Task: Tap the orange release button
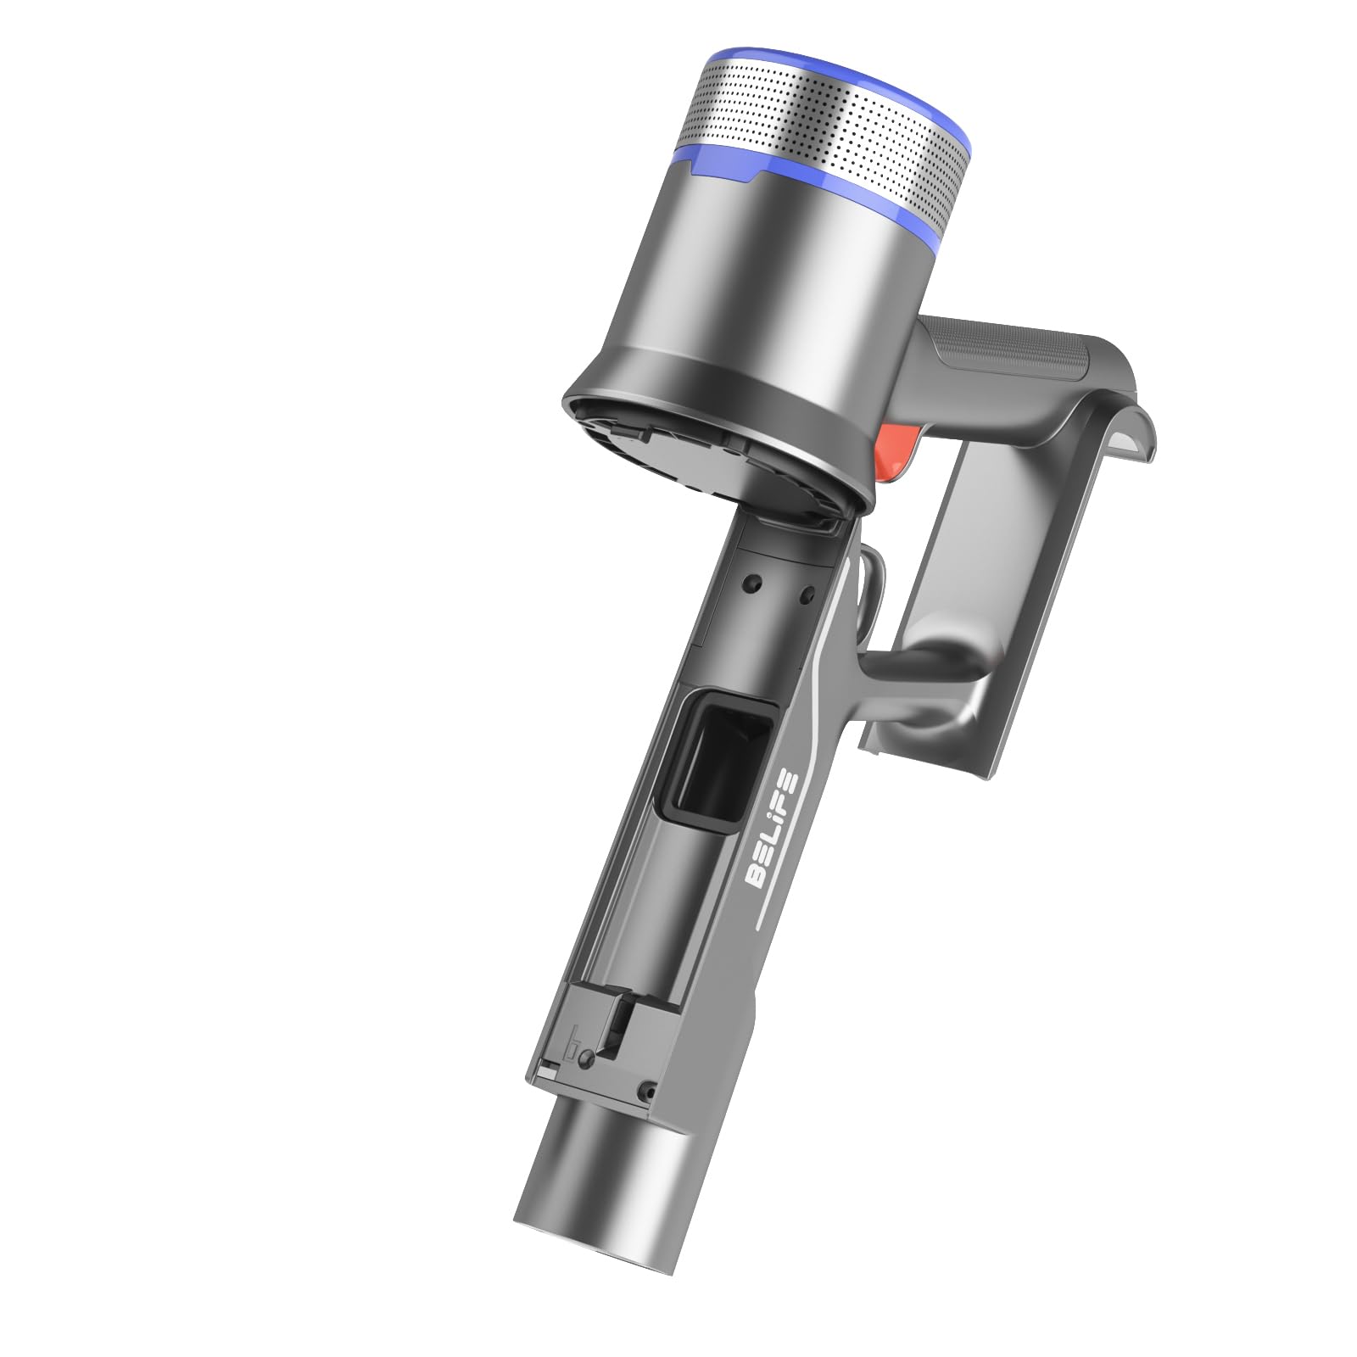coord(900,455)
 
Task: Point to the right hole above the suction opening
coord(807,591)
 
